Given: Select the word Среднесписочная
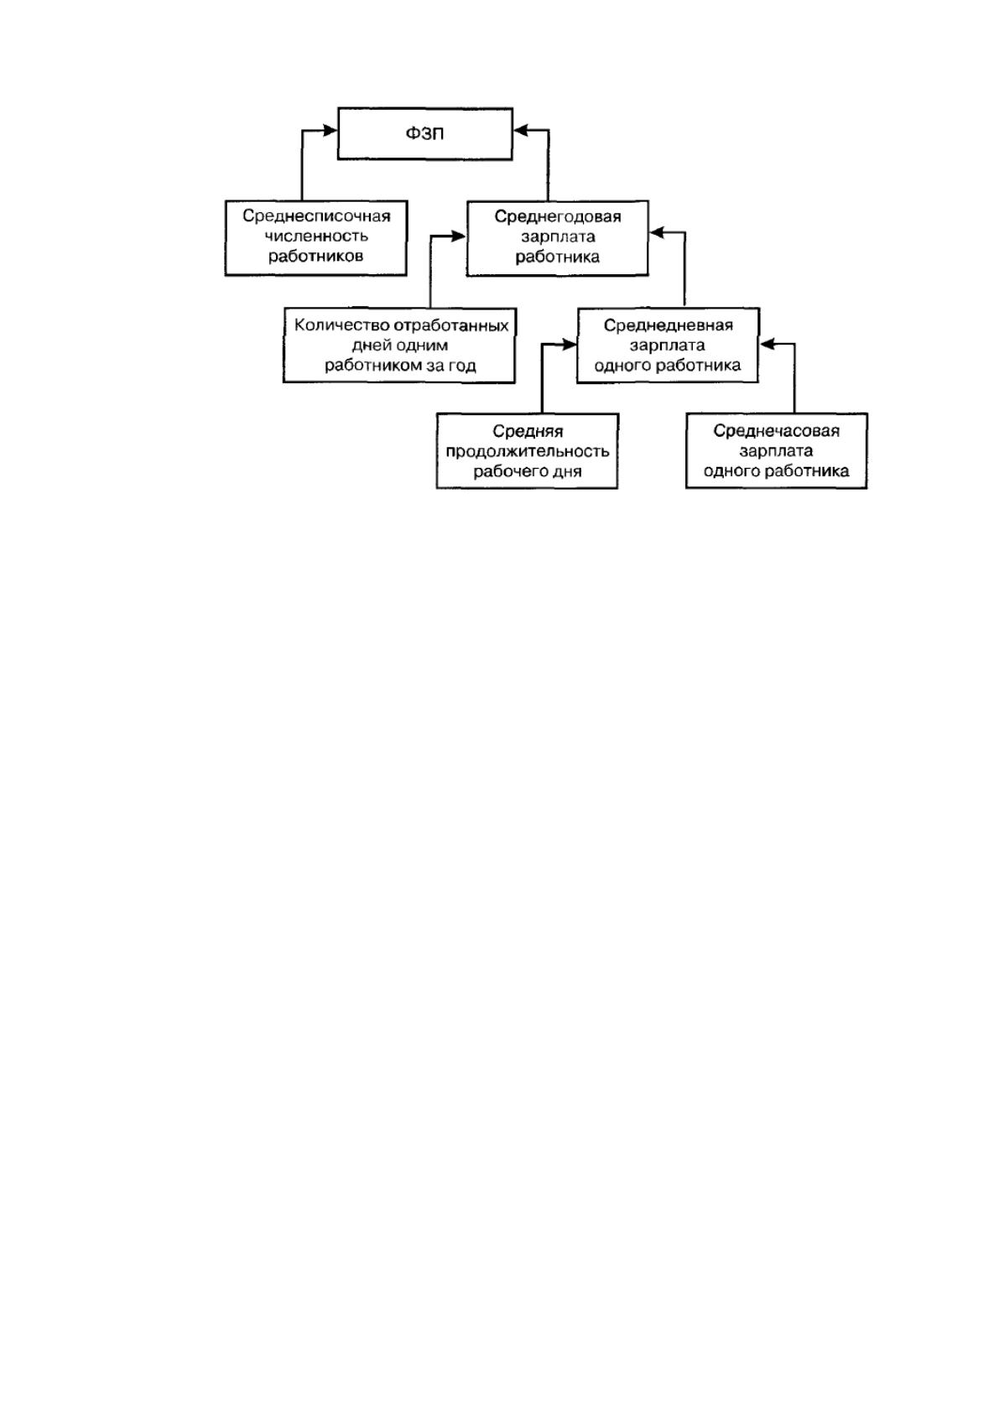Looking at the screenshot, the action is tap(316, 216).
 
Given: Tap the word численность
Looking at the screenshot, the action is tap(316, 236).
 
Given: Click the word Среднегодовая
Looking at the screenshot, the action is tap(558, 217).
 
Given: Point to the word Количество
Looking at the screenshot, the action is tap(342, 325).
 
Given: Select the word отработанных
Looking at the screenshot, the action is tap(451, 326).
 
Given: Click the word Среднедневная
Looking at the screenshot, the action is tap(668, 325).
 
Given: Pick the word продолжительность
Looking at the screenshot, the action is tap(528, 452).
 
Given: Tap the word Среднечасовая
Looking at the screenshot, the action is tap(777, 431).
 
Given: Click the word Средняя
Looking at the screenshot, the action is tap(528, 432).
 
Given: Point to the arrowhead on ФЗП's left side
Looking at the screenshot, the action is tap(330, 131).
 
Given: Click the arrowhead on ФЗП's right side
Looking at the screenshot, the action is tap(521, 131).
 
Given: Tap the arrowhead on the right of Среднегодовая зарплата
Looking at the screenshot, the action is tap(657, 232).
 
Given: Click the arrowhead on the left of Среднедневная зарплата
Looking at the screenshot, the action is tap(569, 345).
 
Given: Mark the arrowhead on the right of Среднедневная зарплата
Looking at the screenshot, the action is tap(767, 344).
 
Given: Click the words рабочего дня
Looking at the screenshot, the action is tap(528, 472).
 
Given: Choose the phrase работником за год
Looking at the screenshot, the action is tap(400, 366).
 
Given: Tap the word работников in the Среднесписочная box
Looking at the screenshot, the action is tap(316, 257).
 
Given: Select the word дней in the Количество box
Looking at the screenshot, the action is tap(368, 346).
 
